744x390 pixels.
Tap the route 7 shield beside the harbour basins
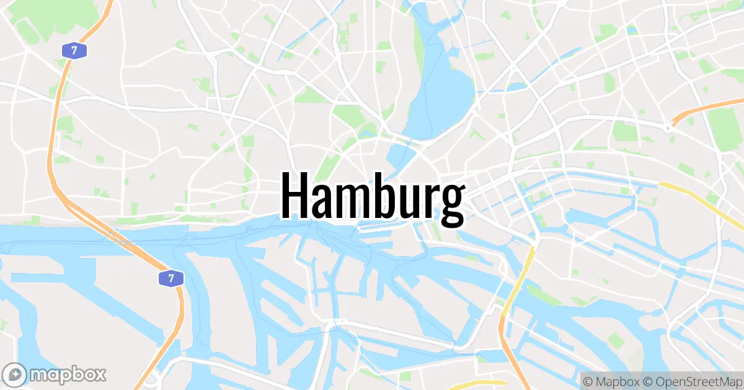click(170, 278)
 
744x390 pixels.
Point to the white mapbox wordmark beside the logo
click(68, 374)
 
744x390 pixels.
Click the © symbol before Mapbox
click(587, 380)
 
